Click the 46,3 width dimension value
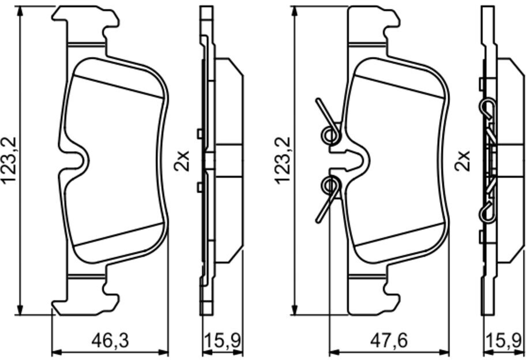click(x=110, y=341)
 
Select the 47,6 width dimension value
click(x=389, y=341)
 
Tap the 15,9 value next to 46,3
click(x=223, y=341)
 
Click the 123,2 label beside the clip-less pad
click(x=9, y=160)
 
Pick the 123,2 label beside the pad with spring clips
click(x=283, y=160)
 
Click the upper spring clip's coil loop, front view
click(x=330, y=135)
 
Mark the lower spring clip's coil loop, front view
click(x=330, y=185)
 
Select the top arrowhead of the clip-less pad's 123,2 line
click(x=20, y=12)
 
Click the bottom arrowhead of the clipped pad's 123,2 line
click(x=294, y=309)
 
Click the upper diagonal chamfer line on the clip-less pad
click(x=118, y=86)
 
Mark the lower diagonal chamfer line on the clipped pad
click(x=399, y=234)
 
